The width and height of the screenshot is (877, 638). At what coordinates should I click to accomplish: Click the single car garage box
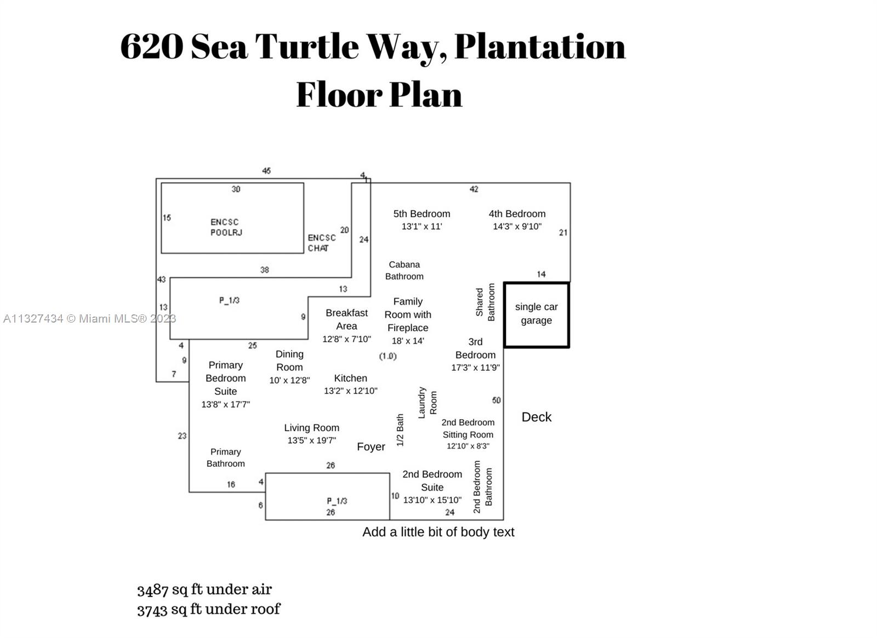pos(536,314)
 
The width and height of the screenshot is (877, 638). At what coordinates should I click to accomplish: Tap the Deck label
pos(536,417)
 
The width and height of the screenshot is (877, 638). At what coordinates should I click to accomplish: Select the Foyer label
pos(371,447)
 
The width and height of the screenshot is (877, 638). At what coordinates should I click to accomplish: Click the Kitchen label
pos(350,378)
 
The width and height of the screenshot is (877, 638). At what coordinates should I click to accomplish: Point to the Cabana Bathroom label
pos(404,270)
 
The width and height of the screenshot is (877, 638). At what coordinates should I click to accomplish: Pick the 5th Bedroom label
pos(422,214)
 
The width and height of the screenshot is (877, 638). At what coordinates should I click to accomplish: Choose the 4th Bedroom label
pos(517,214)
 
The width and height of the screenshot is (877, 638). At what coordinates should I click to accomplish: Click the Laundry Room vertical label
pos(428,403)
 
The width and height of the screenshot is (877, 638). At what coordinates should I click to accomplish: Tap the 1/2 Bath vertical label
pos(400,430)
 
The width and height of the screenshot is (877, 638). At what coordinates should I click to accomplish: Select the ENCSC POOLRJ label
pos(226,227)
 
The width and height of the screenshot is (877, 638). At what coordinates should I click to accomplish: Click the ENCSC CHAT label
pos(321,242)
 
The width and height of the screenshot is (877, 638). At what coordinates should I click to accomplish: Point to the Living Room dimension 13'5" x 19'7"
pos(311,440)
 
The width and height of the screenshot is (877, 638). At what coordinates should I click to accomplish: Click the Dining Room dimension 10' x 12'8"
pos(289,380)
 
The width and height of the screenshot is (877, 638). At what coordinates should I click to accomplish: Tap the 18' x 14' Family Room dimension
pos(407,341)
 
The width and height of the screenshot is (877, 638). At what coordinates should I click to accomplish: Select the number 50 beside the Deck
pos(496,400)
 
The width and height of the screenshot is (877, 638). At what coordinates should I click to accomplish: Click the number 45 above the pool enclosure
pos(266,171)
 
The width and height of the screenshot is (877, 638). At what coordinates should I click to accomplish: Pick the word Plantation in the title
pos(540,46)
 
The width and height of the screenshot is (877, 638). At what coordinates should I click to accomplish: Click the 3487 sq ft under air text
pos(204,589)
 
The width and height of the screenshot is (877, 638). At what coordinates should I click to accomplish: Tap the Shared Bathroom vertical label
pos(485,302)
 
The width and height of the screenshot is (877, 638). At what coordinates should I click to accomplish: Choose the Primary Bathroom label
pos(225,458)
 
